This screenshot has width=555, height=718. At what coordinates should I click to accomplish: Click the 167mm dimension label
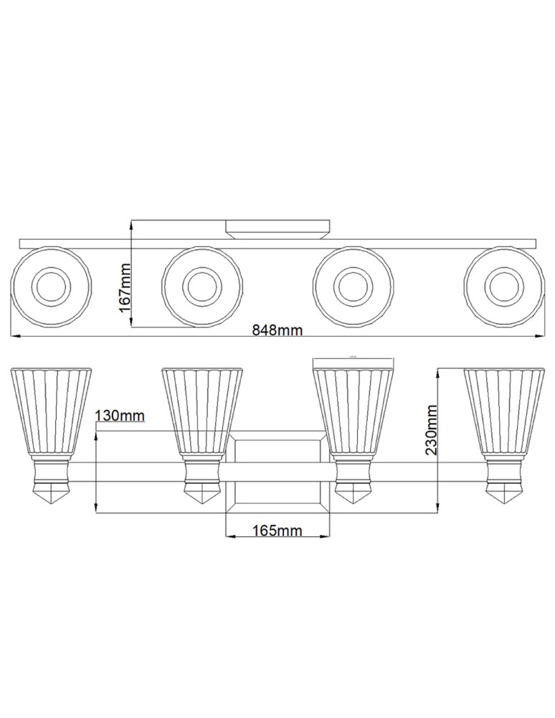pos(124,286)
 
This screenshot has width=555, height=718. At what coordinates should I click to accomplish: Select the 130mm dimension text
pos(120,416)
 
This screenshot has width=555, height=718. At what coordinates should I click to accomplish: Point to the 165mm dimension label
pos(277,531)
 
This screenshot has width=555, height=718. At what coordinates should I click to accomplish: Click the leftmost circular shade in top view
pos(51,286)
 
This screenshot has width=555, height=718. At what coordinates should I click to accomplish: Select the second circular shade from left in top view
pos(201,286)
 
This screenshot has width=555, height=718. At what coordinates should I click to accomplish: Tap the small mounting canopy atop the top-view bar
pos(277,228)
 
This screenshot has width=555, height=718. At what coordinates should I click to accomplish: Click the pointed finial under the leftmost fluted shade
pos(51,495)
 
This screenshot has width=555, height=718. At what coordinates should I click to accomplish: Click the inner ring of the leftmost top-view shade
pos(51,286)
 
